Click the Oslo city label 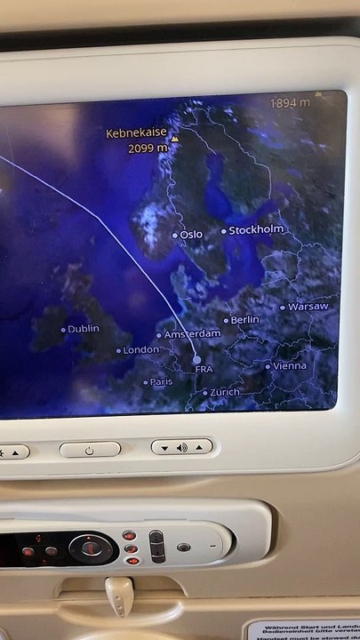[x=191, y=235]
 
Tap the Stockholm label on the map [x=256, y=230]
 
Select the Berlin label [x=244, y=319]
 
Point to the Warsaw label [x=308, y=307]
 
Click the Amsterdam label [x=191, y=334]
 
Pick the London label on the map [x=140, y=350]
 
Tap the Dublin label [x=84, y=329]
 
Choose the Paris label [x=161, y=381]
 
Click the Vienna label [x=289, y=365]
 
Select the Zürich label [x=224, y=392]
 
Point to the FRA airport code [x=204, y=369]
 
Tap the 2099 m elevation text [x=147, y=148]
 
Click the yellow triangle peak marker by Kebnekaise [x=175, y=140]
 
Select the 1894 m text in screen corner [x=291, y=102]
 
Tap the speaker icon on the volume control [x=181, y=447]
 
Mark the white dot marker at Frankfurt [x=196, y=358]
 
